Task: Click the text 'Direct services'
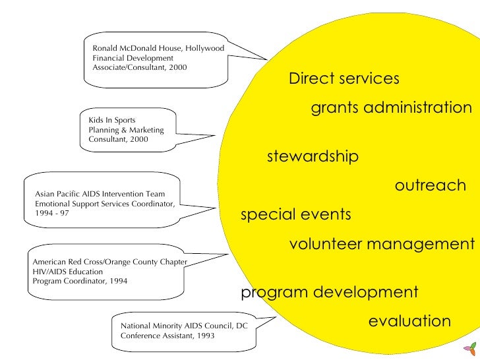(344, 79)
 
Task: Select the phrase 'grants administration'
(391, 107)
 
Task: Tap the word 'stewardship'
(313, 157)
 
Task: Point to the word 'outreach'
(430, 186)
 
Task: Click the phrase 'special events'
(295, 215)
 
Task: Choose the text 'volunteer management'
(381, 245)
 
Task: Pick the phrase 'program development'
(330, 292)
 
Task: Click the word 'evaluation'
(409, 322)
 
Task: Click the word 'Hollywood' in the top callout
(205, 49)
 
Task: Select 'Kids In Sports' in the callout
(111, 120)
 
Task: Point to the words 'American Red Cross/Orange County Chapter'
(110, 262)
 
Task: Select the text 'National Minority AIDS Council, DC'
(184, 326)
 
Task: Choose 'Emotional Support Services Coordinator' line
(104, 204)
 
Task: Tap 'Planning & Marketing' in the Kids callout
(126, 130)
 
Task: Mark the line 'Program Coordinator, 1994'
(80, 281)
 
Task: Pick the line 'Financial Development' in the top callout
(133, 59)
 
